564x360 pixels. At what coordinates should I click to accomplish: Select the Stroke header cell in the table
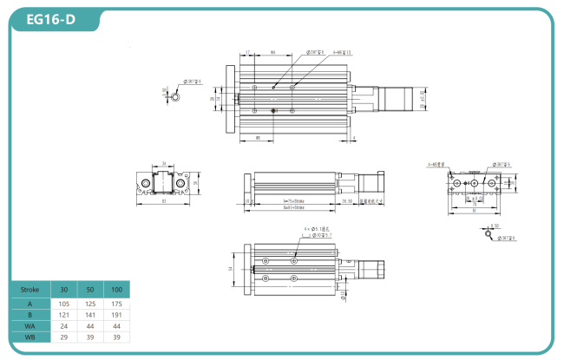click(30, 289)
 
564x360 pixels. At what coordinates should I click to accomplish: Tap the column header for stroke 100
click(116, 289)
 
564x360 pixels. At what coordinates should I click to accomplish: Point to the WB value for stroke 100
click(116, 337)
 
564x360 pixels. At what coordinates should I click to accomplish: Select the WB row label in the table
click(30, 337)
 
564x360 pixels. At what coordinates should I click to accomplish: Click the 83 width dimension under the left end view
click(165, 202)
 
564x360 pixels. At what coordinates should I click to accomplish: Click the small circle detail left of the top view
click(178, 98)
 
